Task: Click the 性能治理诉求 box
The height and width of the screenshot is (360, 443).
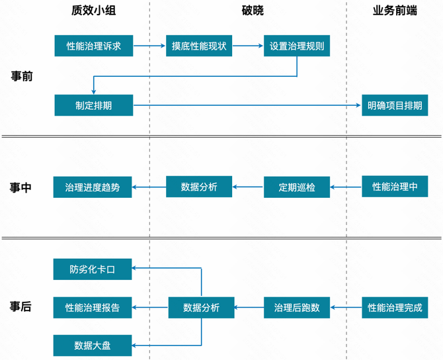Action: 94,46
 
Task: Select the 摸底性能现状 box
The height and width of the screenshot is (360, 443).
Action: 199,46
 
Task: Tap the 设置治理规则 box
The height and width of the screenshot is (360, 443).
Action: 297,46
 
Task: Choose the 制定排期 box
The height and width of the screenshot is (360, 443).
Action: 94,105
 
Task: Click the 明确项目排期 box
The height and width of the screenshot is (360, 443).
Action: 395,105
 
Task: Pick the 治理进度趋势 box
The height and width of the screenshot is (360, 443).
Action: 93,187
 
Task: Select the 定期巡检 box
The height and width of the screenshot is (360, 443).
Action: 297,187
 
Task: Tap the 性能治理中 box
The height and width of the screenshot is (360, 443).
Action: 395,187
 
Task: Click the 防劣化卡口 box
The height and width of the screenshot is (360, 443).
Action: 93,269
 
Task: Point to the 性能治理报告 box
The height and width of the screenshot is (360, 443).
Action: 93,308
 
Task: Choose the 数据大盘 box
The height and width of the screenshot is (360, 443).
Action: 93,345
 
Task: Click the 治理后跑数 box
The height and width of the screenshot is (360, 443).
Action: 297,308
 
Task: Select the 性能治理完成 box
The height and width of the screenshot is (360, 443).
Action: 395,308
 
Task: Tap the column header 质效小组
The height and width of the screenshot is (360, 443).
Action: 93,11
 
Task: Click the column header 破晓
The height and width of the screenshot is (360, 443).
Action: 253,11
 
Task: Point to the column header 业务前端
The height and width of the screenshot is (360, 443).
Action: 395,11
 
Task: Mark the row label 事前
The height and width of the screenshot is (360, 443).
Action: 22,76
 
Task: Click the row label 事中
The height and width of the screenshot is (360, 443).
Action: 20,187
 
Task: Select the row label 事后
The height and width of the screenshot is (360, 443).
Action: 20,306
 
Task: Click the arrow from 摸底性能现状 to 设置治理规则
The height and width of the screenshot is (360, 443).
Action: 248,46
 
